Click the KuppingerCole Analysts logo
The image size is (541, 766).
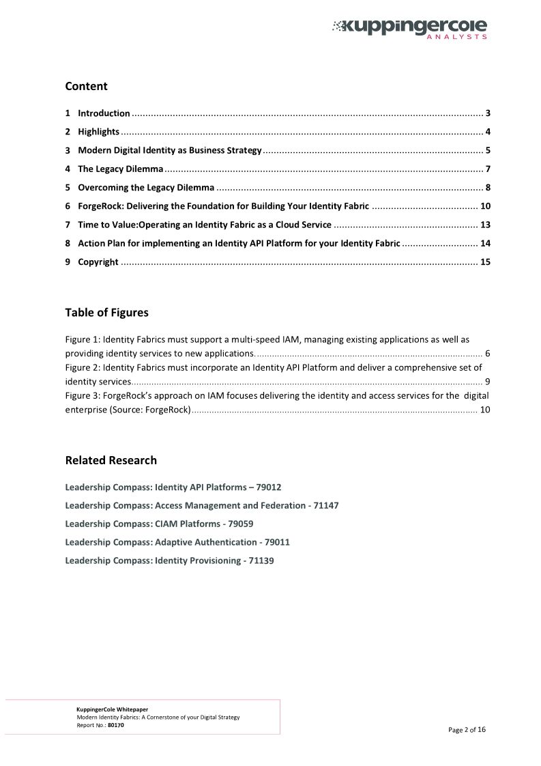click(x=409, y=28)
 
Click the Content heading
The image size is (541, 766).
click(x=86, y=86)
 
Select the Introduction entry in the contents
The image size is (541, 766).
click(x=104, y=113)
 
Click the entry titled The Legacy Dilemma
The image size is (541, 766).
click(x=120, y=169)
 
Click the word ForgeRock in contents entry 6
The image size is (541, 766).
click(x=100, y=206)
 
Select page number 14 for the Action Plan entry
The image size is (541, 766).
click(x=485, y=243)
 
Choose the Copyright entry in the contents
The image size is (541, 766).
click(x=98, y=262)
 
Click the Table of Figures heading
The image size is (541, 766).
click(x=106, y=313)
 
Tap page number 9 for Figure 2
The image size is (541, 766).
click(x=487, y=382)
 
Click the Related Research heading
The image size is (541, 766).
click(x=111, y=460)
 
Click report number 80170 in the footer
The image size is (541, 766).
click(x=116, y=725)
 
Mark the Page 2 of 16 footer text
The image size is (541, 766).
click(x=467, y=730)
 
